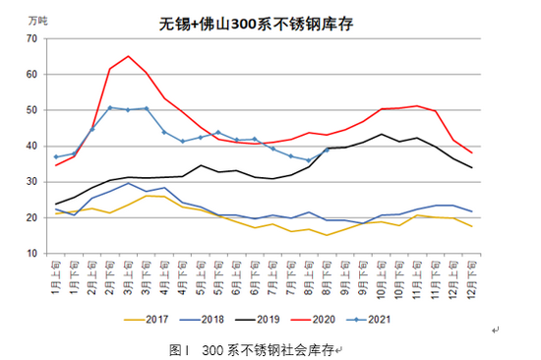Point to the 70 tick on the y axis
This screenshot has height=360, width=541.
pyautogui.click(x=31, y=38)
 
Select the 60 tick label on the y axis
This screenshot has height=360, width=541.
pyautogui.click(x=31, y=75)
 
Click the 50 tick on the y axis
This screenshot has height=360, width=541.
pyautogui.click(x=31, y=110)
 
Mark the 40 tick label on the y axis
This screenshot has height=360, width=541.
pyautogui.click(x=31, y=147)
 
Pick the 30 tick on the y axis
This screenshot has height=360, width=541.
pyautogui.click(x=31, y=182)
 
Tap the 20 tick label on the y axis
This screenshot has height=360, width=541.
pyautogui.click(x=31, y=218)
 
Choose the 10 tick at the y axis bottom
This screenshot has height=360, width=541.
pyautogui.click(x=31, y=254)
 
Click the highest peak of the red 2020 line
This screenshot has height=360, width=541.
pyautogui.click(x=128, y=56)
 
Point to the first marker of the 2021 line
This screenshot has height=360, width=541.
pyautogui.click(x=55, y=157)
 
